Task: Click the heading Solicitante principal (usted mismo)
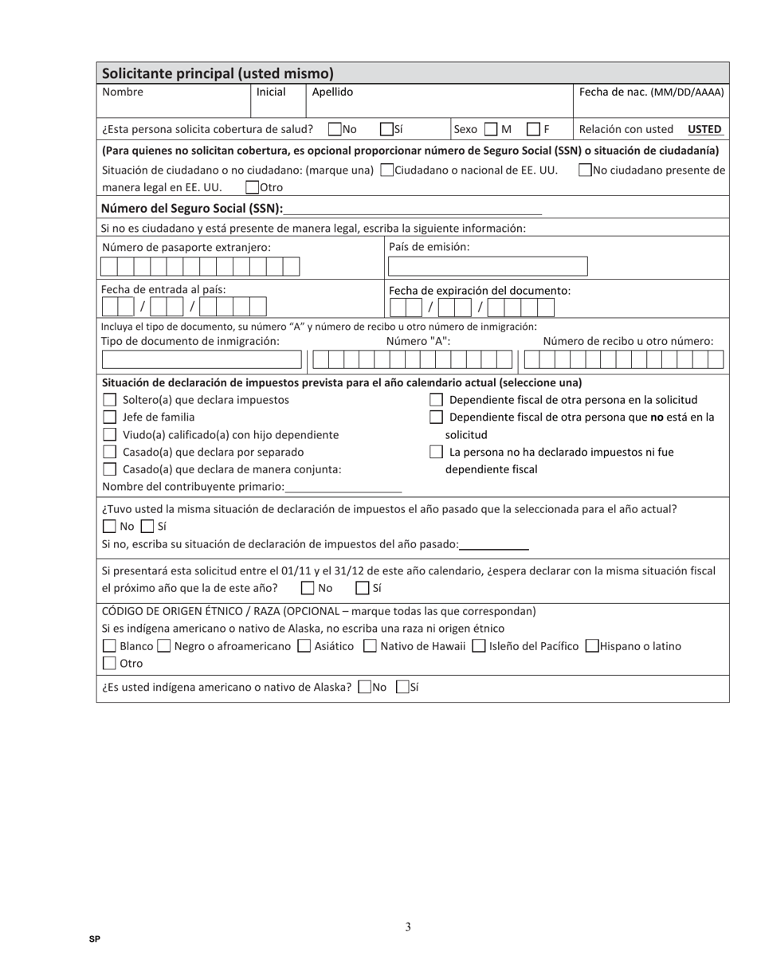click(x=218, y=73)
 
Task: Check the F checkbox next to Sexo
click(x=534, y=129)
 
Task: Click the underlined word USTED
click(x=704, y=129)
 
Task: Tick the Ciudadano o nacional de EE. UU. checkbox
click(x=387, y=170)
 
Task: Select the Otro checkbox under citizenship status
click(x=253, y=188)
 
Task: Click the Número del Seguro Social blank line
click(x=412, y=209)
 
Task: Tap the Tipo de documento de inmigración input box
click(x=202, y=360)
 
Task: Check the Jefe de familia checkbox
click(x=110, y=417)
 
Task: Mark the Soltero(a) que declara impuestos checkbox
click(x=110, y=400)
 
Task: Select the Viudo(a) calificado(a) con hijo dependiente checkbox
click(x=110, y=434)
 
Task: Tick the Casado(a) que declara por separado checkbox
click(x=110, y=452)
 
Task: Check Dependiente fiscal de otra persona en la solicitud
click(x=436, y=400)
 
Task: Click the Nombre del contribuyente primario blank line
click(x=343, y=487)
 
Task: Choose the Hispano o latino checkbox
click(x=592, y=646)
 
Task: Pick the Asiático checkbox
click(x=304, y=646)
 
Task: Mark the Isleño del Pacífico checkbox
click(x=478, y=646)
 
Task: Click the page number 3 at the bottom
click(x=408, y=927)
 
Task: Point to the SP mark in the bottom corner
click(x=95, y=939)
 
